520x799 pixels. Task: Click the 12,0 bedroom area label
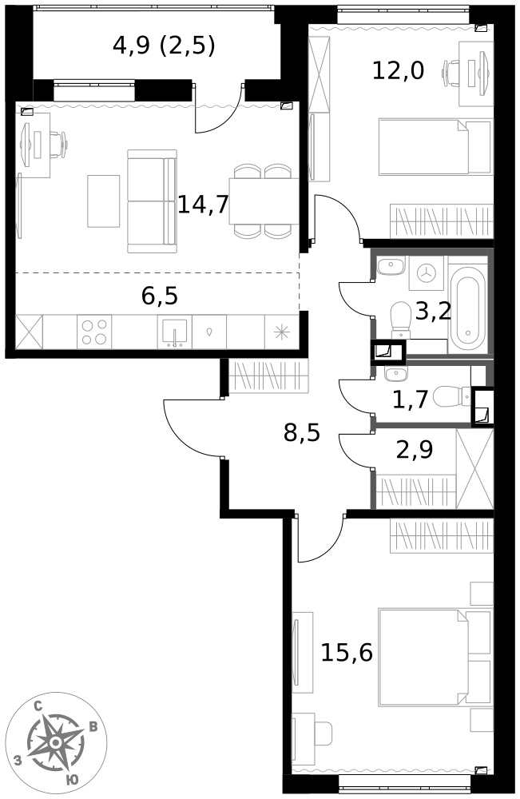click(x=398, y=70)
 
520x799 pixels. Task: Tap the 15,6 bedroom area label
click(x=347, y=652)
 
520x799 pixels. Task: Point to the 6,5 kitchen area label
click(x=160, y=296)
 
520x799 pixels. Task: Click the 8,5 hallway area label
click(x=302, y=433)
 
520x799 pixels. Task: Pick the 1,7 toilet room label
click(x=410, y=399)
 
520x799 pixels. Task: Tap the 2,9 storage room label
click(x=415, y=449)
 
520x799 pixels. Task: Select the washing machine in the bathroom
click(x=425, y=273)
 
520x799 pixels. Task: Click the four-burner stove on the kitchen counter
click(x=94, y=332)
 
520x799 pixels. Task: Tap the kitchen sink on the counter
click(x=174, y=333)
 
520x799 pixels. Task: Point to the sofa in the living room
click(x=152, y=201)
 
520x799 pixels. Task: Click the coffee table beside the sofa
click(x=103, y=201)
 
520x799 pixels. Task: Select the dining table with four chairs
click(x=264, y=201)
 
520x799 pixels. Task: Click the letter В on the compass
click(x=93, y=727)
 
